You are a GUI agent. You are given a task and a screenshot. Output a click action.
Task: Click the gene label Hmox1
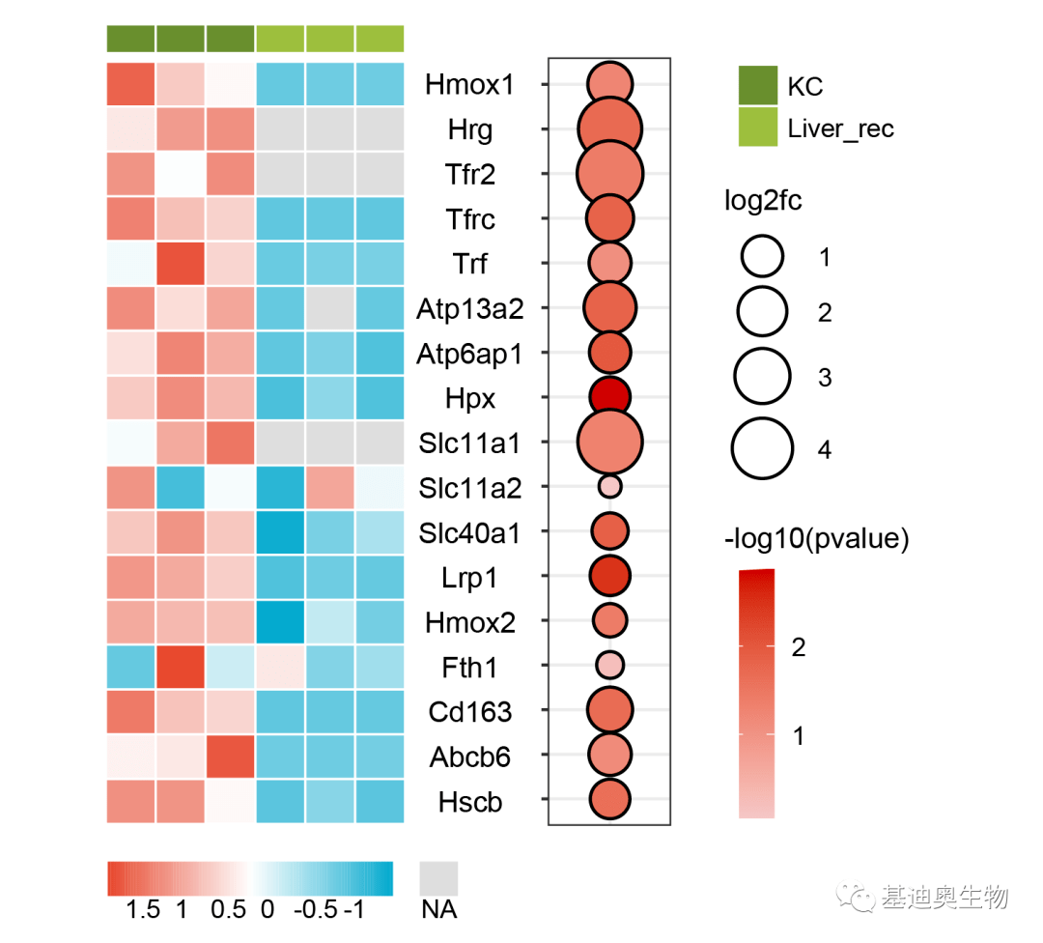click(469, 85)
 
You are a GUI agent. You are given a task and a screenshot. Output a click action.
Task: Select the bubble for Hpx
click(609, 397)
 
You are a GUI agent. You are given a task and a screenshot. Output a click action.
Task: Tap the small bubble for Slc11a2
click(609, 486)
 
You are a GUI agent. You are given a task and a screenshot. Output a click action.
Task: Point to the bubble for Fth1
click(609, 665)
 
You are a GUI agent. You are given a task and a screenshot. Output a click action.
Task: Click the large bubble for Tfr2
click(609, 174)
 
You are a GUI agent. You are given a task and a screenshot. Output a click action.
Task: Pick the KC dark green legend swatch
click(758, 85)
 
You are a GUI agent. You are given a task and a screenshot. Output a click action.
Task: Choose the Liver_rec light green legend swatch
click(758, 128)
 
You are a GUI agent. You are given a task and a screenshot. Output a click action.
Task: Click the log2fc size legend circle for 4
click(762, 448)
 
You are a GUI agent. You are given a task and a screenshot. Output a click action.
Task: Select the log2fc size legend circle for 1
click(762, 257)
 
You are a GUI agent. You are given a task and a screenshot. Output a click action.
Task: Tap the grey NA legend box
click(438, 879)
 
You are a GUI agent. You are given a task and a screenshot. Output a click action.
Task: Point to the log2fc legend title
click(763, 202)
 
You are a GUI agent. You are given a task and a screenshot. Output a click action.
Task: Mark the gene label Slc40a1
click(469, 532)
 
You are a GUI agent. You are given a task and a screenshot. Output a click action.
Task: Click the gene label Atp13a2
click(469, 309)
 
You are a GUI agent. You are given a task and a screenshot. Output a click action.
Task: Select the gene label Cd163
click(469, 712)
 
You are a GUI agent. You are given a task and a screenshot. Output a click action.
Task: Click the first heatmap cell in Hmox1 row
click(130, 85)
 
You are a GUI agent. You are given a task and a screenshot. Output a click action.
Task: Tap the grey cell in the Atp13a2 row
click(330, 309)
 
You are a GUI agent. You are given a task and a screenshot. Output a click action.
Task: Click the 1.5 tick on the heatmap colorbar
click(143, 909)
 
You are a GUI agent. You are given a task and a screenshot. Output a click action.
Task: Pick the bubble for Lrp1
click(609, 576)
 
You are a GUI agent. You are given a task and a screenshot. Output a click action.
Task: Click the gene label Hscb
click(469, 802)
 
